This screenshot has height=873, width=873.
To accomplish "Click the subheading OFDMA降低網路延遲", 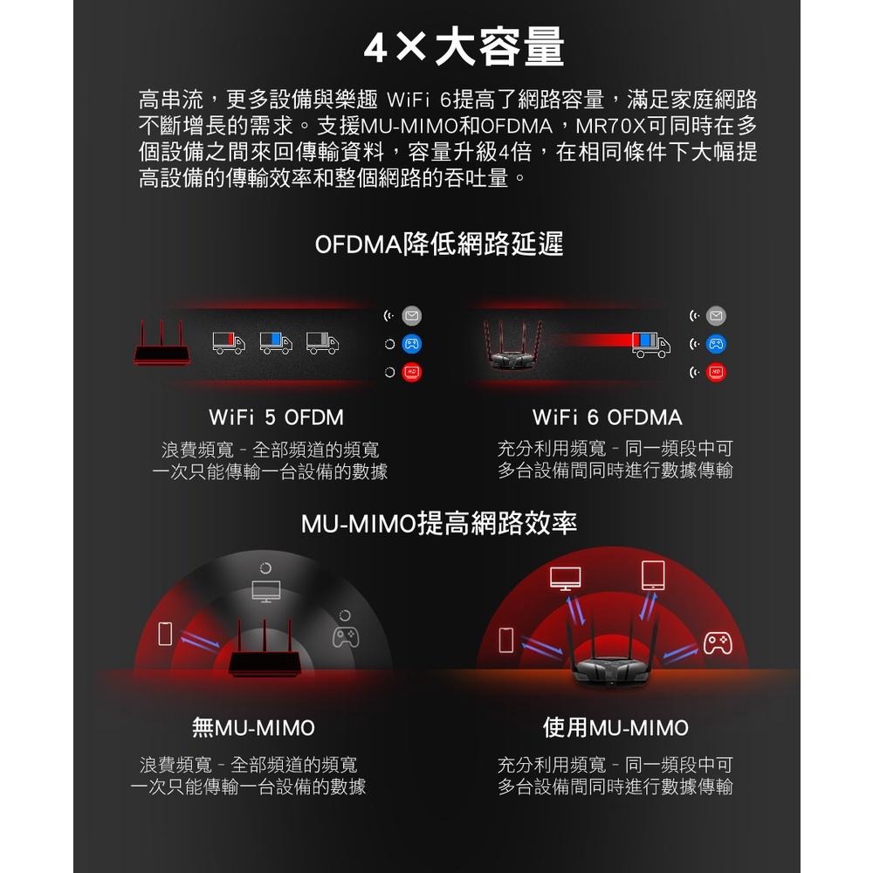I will click(439, 244).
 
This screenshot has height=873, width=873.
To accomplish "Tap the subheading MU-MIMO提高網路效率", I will click(438, 524).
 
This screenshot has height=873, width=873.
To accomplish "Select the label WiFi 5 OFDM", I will click(277, 417).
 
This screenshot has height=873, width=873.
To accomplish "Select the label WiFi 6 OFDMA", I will click(608, 417).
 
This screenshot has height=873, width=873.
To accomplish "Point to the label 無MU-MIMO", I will click(253, 727).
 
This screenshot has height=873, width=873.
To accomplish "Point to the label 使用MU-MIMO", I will click(615, 727).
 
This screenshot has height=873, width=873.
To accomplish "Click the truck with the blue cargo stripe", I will click(275, 343).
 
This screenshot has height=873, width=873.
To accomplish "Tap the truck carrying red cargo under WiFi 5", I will click(228, 343).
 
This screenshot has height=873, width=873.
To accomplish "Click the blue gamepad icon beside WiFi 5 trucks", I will click(412, 343).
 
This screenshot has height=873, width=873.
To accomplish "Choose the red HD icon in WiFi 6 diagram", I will click(716, 373).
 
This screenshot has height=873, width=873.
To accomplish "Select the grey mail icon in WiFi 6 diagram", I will click(716, 315).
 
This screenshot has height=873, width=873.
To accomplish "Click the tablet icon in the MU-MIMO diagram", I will click(652, 574).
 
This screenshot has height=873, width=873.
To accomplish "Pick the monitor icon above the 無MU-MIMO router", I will click(265, 590).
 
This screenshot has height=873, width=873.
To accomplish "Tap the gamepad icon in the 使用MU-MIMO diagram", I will click(718, 643).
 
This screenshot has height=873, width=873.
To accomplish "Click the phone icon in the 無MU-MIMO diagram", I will click(163, 634).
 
